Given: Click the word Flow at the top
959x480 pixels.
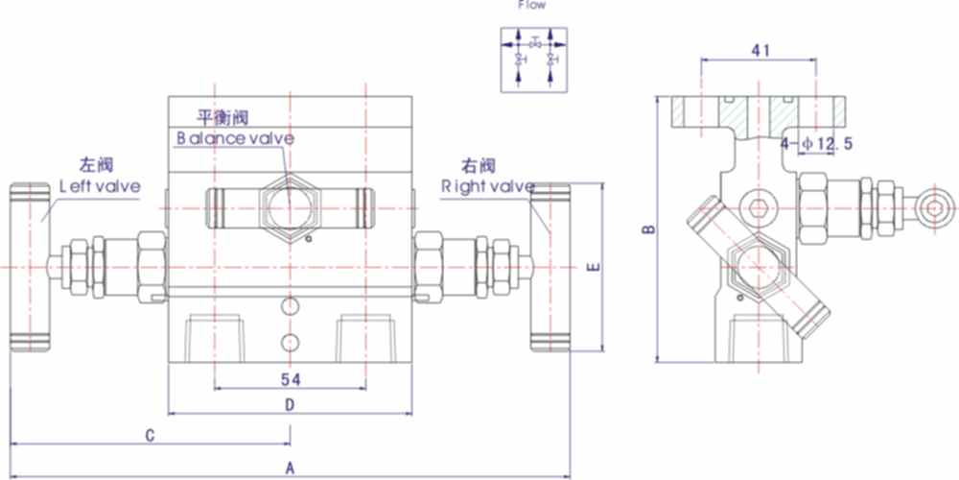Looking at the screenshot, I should [532, 5].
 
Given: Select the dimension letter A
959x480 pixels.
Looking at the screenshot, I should [291, 468].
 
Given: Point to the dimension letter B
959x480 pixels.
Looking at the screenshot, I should [647, 230].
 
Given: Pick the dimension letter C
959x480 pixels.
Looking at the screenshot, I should [151, 436].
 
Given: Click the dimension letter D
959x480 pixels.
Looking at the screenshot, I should [291, 406].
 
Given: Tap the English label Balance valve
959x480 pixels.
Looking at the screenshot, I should [234, 138].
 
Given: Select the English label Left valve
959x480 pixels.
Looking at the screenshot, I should [100, 185].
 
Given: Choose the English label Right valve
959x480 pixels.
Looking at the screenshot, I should [487, 185].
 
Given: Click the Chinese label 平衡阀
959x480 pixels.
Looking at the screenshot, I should [222, 118].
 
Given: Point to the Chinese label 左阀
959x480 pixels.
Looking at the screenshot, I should [94, 164].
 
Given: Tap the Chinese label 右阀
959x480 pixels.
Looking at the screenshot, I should [478, 164].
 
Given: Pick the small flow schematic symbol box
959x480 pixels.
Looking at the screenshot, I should [532, 60].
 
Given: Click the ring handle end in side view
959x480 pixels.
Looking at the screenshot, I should [935, 208].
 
